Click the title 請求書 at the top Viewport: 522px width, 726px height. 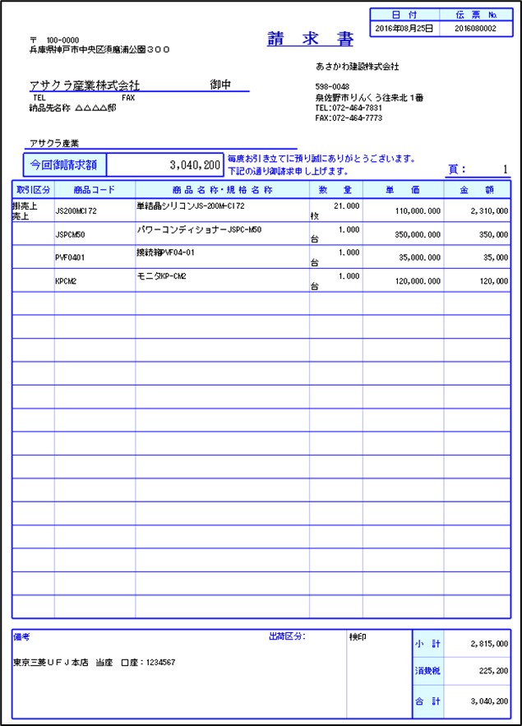point(310,40)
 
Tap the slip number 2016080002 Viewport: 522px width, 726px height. point(476,28)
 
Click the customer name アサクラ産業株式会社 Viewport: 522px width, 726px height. point(85,85)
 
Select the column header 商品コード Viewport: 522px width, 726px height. point(94,189)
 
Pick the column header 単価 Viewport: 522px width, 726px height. point(403,189)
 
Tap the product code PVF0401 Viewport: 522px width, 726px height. point(70,257)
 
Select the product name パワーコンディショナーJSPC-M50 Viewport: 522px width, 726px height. point(199,229)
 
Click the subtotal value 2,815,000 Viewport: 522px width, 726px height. point(489,644)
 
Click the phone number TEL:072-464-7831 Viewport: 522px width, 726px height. point(349,108)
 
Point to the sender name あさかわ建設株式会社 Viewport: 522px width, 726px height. point(357,66)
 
